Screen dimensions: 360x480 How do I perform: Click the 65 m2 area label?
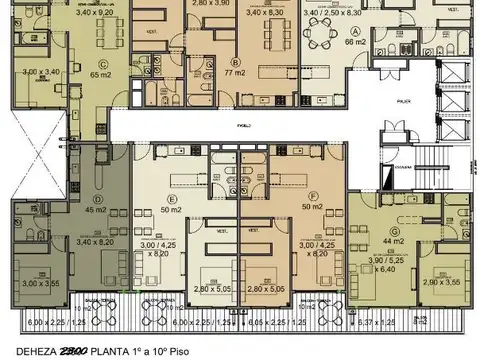click(x=71, y=74)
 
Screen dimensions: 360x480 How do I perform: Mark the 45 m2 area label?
click(x=97, y=210)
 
